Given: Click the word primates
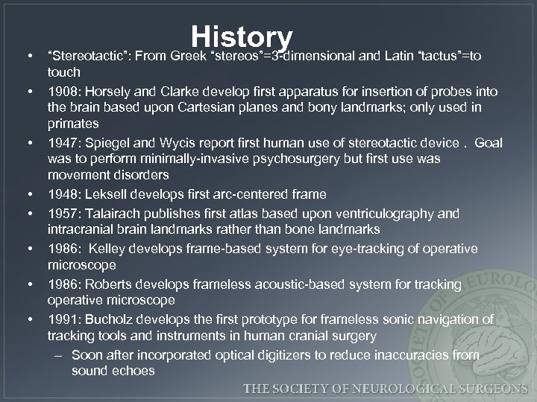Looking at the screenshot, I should [72, 124].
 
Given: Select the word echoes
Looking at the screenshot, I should [133, 371].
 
